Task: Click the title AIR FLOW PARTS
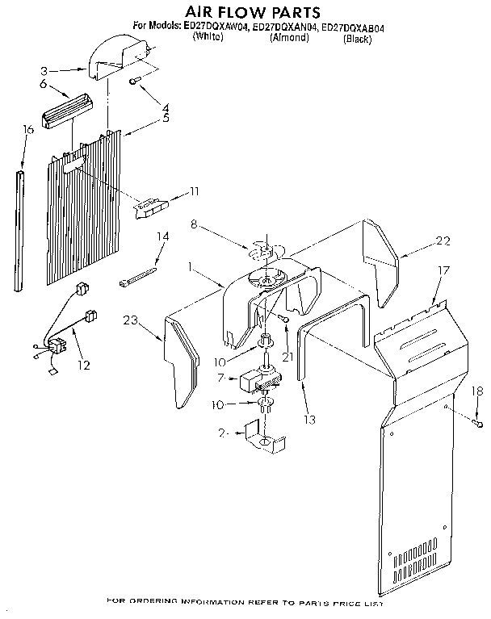pyautogui.click(x=242, y=11)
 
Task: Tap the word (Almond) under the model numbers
pyautogui.click(x=287, y=37)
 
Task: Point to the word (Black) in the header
pyautogui.click(x=357, y=37)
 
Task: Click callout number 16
pyautogui.click(x=28, y=128)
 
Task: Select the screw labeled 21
pyautogui.click(x=286, y=322)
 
